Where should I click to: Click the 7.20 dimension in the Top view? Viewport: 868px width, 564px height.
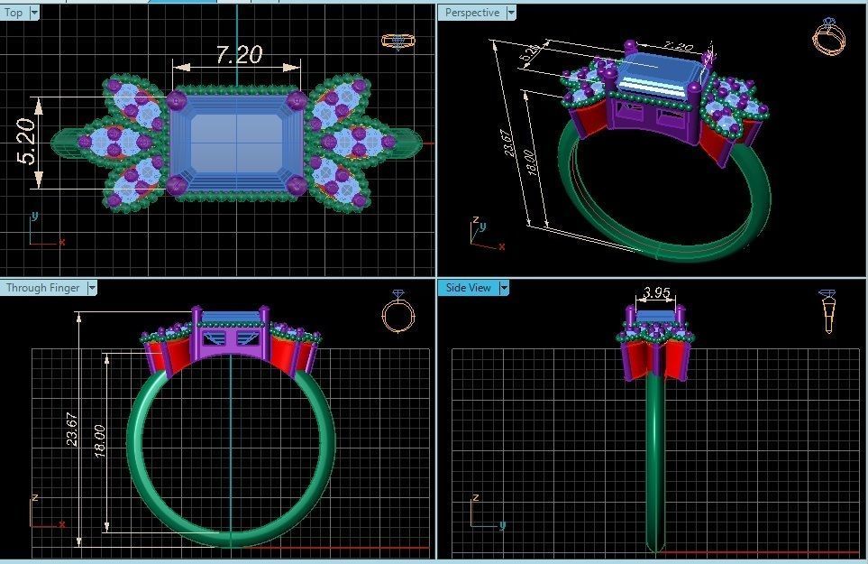pyautogui.click(x=239, y=55)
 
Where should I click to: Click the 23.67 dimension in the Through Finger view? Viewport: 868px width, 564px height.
pyautogui.click(x=73, y=427)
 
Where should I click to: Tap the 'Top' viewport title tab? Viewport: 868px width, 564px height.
pyautogui.click(x=14, y=13)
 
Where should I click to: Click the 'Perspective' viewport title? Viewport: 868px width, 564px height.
pyautogui.click(x=471, y=13)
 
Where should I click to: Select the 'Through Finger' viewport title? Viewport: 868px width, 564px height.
pyautogui.click(x=42, y=288)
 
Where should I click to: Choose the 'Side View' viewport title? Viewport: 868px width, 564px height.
pyautogui.click(x=469, y=288)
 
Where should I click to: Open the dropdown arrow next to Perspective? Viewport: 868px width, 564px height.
pyautogui.click(x=511, y=13)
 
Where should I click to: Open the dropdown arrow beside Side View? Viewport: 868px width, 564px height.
pyautogui.click(x=505, y=288)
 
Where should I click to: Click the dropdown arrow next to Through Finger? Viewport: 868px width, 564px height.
pyautogui.click(x=92, y=288)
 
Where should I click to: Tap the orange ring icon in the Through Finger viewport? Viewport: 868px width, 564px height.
pyautogui.click(x=397, y=311)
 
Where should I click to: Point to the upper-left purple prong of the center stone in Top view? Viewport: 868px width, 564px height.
pyautogui.click(x=177, y=99)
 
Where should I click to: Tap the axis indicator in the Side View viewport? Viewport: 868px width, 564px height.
pyautogui.click(x=483, y=513)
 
